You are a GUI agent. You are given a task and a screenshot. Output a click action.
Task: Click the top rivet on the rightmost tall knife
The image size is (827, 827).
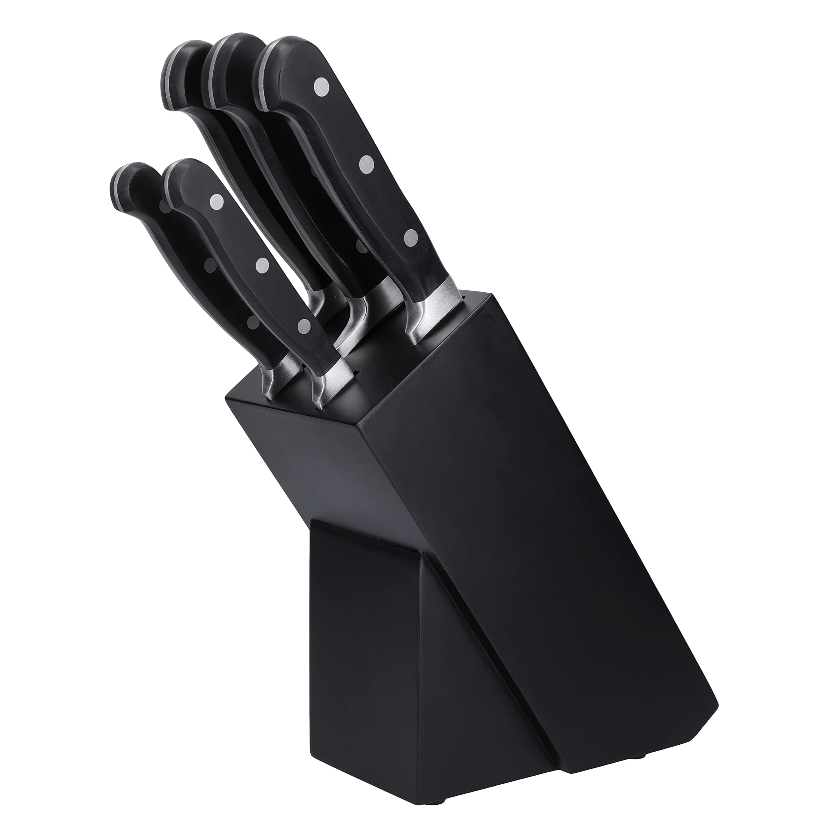(x=322, y=87)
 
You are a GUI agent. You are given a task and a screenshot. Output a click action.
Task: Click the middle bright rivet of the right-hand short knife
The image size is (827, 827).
(x=262, y=266)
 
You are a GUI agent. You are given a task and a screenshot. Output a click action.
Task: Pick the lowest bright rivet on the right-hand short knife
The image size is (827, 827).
(x=304, y=326)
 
